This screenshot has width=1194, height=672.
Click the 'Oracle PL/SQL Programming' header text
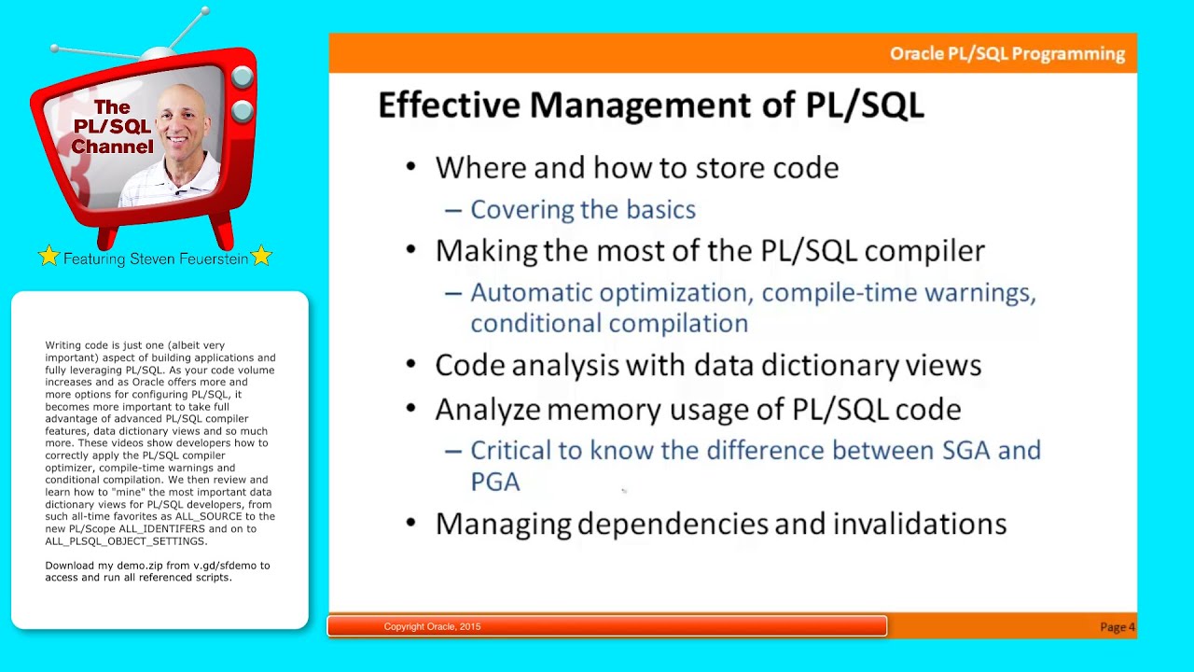(1007, 54)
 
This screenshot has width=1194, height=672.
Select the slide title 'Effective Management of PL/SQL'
(650, 105)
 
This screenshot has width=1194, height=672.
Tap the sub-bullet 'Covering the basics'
(582, 209)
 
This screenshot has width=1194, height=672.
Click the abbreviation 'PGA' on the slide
(494, 482)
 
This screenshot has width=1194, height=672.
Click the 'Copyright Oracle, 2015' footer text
(432, 626)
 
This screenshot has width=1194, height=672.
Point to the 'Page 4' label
(1117, 627)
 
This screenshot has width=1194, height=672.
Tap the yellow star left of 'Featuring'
(49, 256)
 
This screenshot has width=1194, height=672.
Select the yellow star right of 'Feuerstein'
(261, 256)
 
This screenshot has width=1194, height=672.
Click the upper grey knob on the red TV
(242, 77)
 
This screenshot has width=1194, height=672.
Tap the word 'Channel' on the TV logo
(112, 147)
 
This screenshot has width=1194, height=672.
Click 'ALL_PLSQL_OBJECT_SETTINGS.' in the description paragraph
(126, 541)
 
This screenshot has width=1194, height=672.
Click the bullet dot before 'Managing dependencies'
(411, 523)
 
